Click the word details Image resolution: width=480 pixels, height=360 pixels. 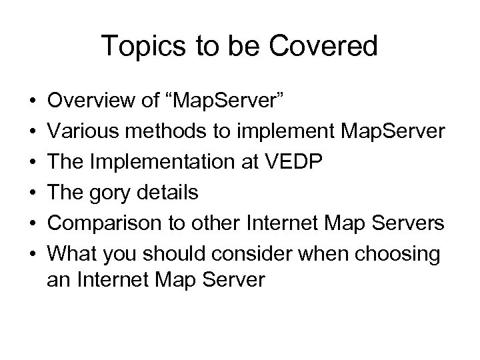(x=173, y=193)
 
